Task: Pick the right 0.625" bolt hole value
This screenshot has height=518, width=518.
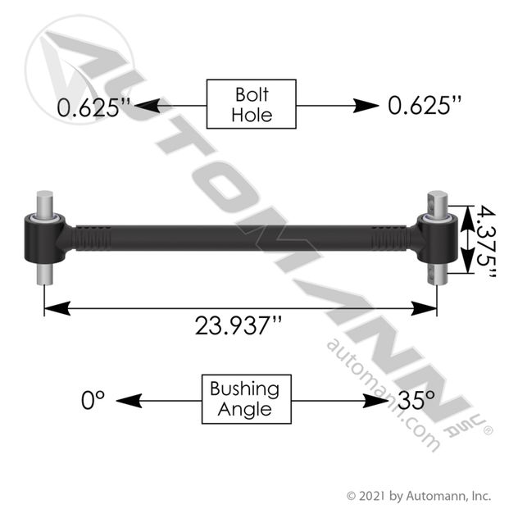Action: [x=425, y=106]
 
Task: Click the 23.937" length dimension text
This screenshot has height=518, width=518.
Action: [x=239, y=325]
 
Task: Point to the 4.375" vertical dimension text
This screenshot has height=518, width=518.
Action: [x=486, y=241]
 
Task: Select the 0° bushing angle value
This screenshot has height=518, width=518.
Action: [x=93, y=400]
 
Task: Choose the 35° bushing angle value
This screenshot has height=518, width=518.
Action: [x=416, y=400]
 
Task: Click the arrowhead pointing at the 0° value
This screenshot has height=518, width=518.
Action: [x=129, y=401]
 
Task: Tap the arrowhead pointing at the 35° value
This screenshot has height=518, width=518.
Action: [x=375, y=401]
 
